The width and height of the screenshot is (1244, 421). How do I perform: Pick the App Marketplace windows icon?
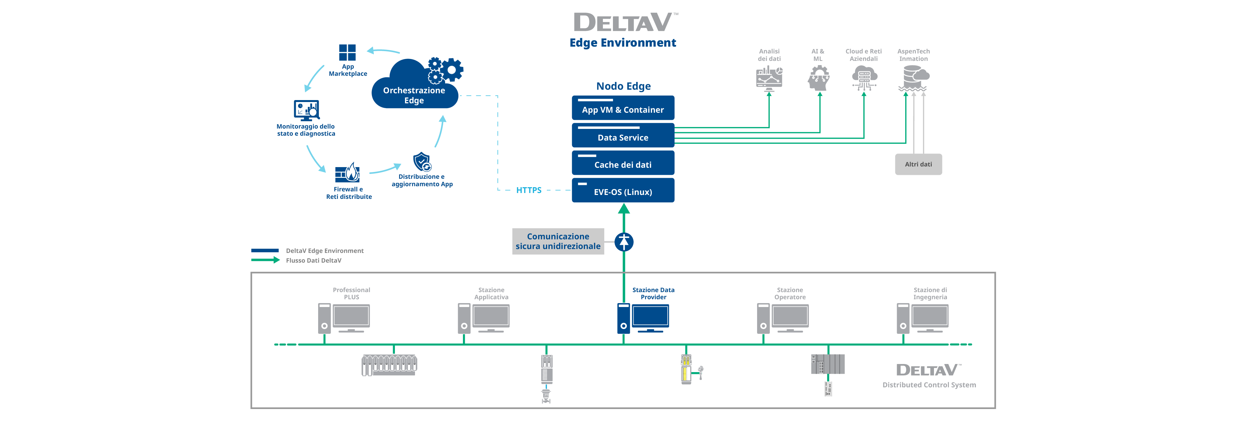point(347,52)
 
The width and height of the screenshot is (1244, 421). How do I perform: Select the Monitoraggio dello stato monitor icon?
point(306,110)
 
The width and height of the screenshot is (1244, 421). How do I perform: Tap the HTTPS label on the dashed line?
point(529,190)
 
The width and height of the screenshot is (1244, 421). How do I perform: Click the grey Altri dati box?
point(918,164)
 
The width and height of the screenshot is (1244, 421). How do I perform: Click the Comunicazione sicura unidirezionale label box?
point(558,241)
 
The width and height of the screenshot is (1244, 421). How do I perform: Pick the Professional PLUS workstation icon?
point(344,318)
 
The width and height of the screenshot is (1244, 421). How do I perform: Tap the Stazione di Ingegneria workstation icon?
point(922,318)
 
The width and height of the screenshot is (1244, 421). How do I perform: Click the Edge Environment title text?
point(622,43)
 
